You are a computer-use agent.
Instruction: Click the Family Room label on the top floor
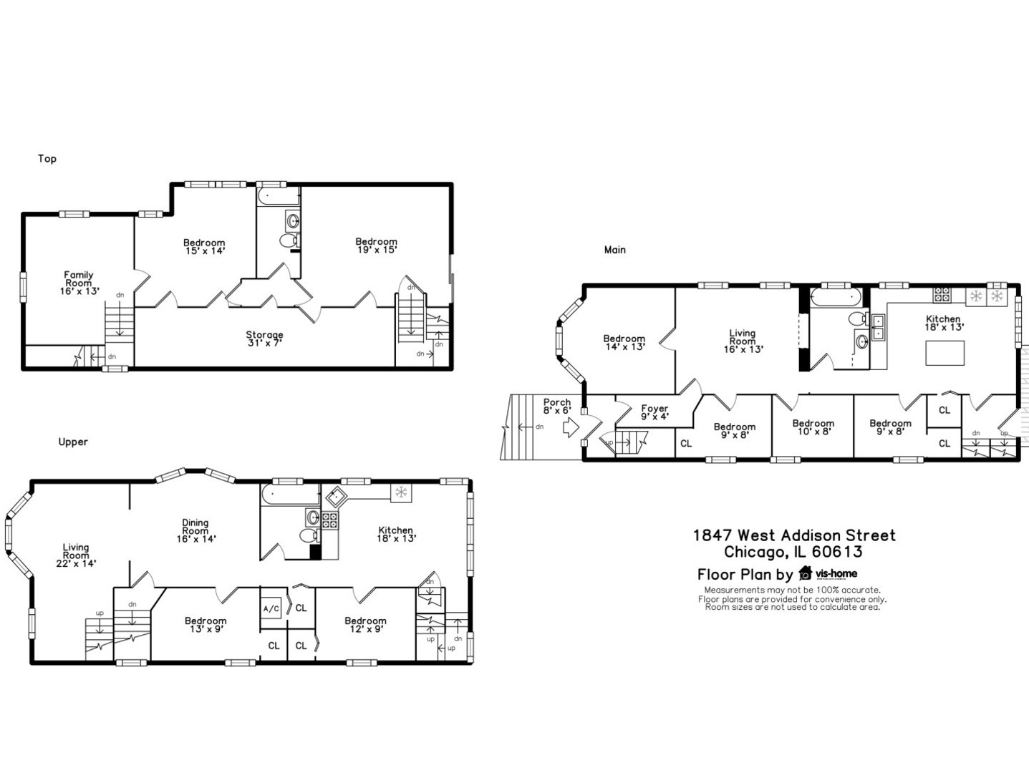(79, 283)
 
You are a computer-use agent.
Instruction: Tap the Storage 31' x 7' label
(264, 339)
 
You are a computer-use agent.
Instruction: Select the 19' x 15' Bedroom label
(376, 245)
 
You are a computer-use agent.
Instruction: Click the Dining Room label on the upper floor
(195, 530)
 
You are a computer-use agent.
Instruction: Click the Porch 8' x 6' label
(556, 407)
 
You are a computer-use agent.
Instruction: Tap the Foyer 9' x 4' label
(654, 412)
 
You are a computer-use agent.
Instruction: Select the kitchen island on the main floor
(945, 353)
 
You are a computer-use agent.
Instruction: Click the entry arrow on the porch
(571, 428)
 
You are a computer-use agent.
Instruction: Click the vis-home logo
(828, 573)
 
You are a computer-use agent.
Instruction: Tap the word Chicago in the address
(753, 552)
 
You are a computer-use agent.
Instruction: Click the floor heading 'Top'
(47, 159)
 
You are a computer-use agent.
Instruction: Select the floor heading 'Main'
(614, 250)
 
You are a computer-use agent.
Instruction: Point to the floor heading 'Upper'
(73, 442)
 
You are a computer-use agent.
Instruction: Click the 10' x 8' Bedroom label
(813, 427)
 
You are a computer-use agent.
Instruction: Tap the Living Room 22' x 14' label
(75, 555)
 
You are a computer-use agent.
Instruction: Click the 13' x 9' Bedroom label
(206, 625)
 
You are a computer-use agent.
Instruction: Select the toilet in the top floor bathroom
(288, 241)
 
